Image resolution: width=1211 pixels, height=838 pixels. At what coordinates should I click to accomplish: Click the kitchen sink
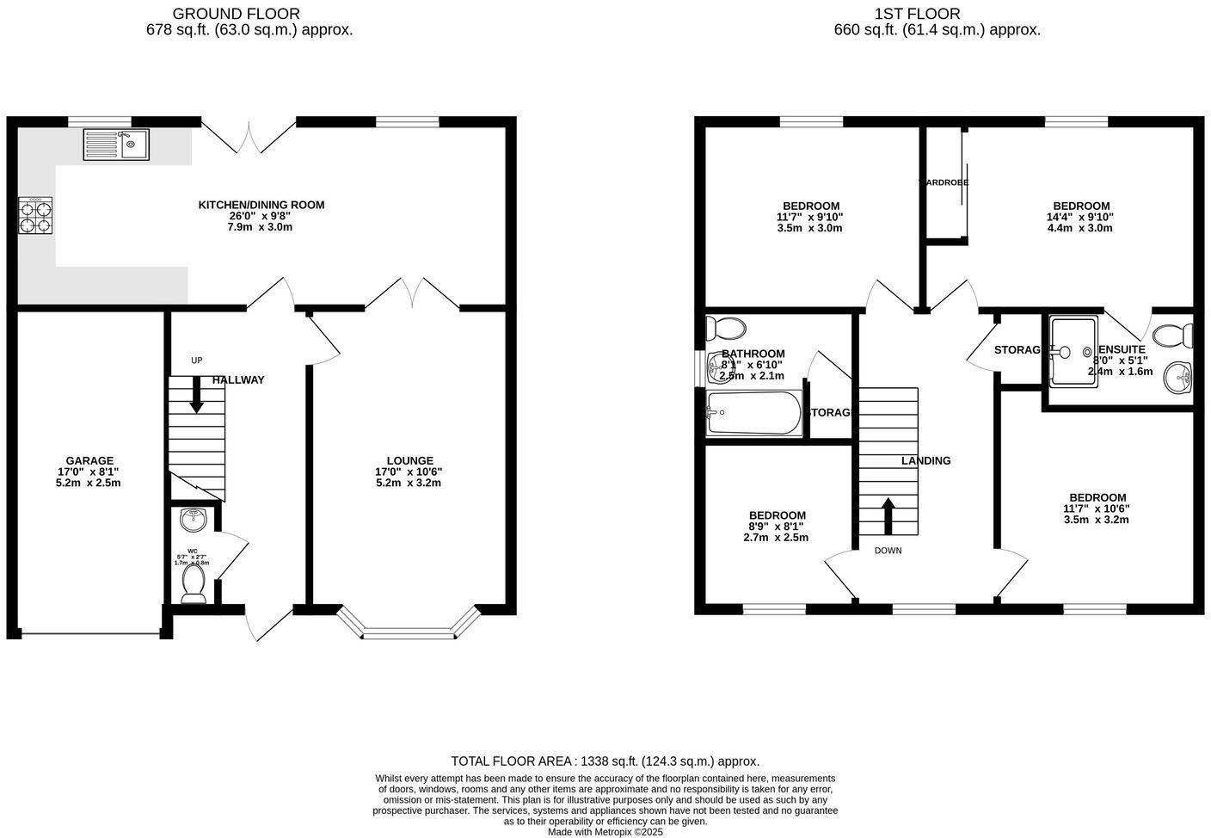[x=116, y=145]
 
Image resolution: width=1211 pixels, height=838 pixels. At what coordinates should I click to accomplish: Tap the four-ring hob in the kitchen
[x=35, y=216]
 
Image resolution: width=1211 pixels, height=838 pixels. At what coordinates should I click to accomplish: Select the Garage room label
[x=89, y=460]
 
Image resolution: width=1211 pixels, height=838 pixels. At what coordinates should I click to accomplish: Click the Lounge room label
[x=409, y=460]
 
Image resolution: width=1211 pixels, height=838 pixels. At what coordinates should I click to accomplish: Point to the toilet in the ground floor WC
[x=194, y=582]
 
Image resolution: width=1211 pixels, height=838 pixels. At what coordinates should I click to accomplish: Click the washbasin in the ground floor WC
[x=194, y=520]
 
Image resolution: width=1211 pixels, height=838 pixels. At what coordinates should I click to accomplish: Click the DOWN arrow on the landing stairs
[x=888, y=515]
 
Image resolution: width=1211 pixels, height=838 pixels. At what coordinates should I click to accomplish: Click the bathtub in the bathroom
[x=753, y=414]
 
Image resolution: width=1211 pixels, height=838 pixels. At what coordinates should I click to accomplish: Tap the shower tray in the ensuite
[x=1072, y=351]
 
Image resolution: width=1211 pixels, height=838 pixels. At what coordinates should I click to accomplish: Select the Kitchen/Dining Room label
[x=261, y=205]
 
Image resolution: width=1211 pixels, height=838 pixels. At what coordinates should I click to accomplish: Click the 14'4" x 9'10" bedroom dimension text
[x=1081, y=217]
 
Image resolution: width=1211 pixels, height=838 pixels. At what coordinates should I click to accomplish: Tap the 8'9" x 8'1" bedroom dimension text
[x=777, y=527]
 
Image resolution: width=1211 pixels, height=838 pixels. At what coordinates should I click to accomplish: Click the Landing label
[x=925, y=460]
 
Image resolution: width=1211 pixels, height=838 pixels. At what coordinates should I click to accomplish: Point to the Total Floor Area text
[x=605, y=761]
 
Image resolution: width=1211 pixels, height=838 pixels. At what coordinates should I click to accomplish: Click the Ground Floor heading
[x=237, y=14]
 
